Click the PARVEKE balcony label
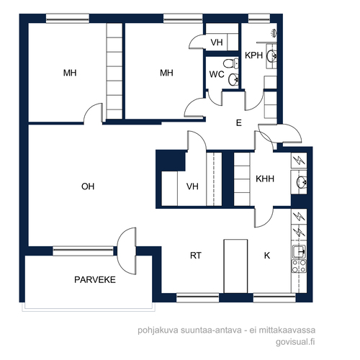(x=95, y=279)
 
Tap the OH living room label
(x=88, y=186)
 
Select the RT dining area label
(x=196, y=256)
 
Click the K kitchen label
(x=267, y=256)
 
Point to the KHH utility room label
(x=265, y=179)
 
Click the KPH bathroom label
(x=254, y=55)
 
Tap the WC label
(x=217, y=74)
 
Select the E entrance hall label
(x=239, y=123)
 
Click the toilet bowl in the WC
(x=230, y=63)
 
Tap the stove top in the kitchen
(x=299, y=266)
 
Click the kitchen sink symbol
(x=299, y=252)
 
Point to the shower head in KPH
(x=274, y=33)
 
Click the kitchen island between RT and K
(x=235, y=266)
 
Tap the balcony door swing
(x=127, y=251)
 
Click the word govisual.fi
(x=295, y=342)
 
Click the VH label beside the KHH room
(x=192, y=186)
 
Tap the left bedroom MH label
(x=70, y=73)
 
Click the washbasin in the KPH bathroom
(x=271, y=55)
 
